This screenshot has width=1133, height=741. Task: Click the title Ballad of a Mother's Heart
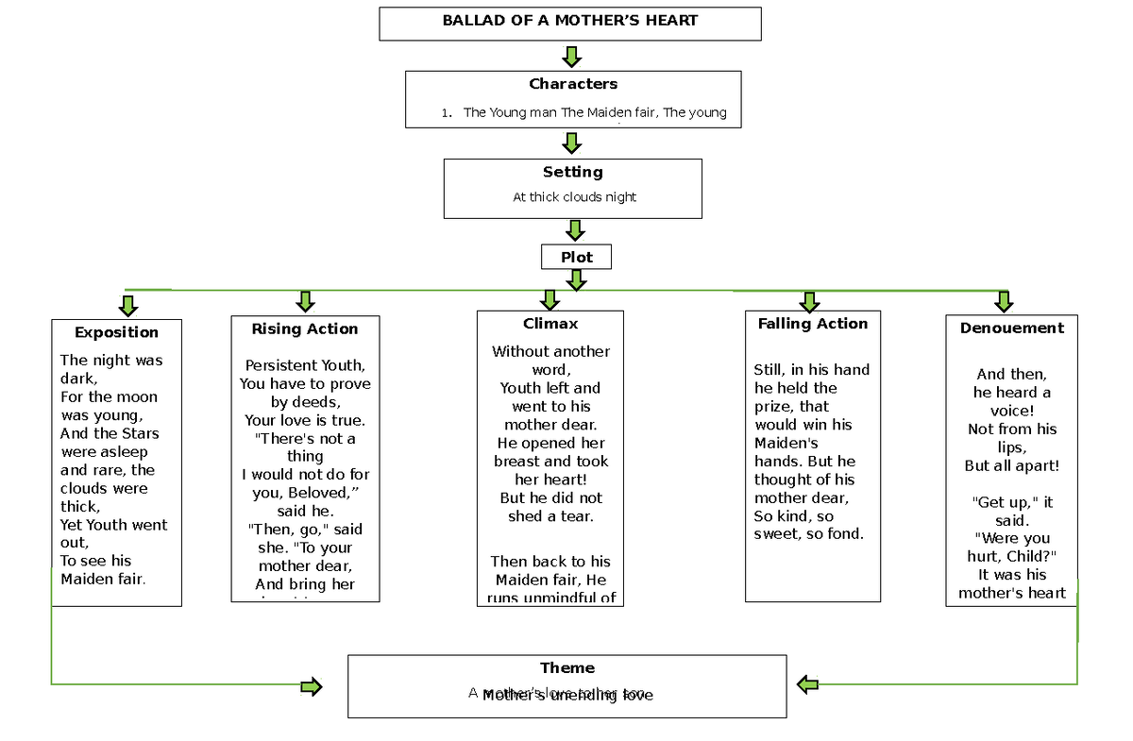(x=569, y=21)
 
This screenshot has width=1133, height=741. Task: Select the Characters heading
(x=572, y=84)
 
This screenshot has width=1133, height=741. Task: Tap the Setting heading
(x=572, y=172)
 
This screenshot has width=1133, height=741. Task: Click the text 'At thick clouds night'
(x=574, y=197)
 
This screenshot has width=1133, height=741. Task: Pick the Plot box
(x=576, y=257)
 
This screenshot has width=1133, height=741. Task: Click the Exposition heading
(x=116, y=332)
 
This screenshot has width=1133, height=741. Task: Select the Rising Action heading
(x=304, y=329)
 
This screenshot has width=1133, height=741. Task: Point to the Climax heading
(x=550, y=324)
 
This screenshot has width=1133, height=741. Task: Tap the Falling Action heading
(x=812, y=324)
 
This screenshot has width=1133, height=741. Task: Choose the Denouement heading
(x=1011, y=328)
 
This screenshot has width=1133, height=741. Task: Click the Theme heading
(x=566, y=668)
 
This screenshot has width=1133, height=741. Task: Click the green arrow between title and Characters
(x=571, y=57)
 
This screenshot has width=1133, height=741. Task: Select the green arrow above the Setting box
(x=570, y=143)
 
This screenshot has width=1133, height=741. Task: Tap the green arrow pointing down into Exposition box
(x=128, y=305)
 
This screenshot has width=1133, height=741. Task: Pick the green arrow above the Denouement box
(x=1004, y=301)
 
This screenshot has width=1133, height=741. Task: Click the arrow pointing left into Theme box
(x=807, y=684)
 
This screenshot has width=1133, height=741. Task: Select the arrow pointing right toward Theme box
(x=311, y=686)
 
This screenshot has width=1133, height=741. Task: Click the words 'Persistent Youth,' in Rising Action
(x=304, y=365)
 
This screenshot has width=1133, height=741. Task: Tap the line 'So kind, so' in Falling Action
(x=793, y=516)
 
